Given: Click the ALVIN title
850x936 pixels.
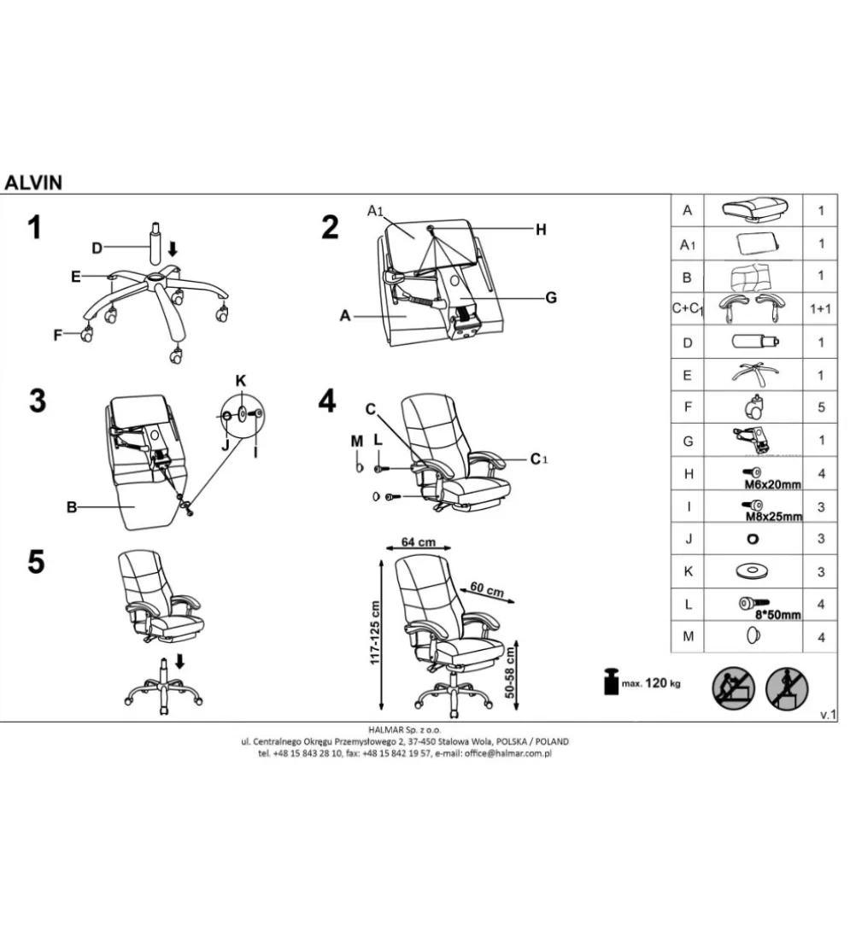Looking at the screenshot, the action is tap(33, 182).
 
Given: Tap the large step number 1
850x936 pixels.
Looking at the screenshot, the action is tap(35, 228).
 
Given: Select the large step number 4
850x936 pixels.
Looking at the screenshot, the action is tap(327, 401).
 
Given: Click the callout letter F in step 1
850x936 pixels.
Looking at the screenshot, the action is tap(58, 335).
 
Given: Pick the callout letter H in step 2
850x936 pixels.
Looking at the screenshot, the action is tap(541, 230).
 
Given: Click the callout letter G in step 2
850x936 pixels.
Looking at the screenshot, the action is tap(551, 297).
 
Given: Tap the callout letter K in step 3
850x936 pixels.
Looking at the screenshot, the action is tap(241, 381).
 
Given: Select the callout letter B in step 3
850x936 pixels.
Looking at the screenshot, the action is tap(72, 507).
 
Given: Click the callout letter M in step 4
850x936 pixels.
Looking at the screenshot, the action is tap(357, 442).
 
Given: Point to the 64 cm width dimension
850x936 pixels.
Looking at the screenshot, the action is tap(418, 542).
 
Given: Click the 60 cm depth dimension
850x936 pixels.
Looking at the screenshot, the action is tap(486, 590).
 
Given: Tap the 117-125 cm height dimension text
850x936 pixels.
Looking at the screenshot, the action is tap(375, 632).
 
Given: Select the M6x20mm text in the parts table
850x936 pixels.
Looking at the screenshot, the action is tap(772, 485).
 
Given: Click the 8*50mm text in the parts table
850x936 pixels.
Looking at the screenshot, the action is tap(777, 615).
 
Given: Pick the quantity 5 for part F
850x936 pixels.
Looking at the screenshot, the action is tap(821, 407).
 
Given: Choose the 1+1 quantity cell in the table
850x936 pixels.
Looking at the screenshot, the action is tap(820, 308).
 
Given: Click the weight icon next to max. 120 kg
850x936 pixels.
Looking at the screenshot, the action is tap(612, 682).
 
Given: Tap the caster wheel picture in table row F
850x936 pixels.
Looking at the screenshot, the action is tap(754, 407).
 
